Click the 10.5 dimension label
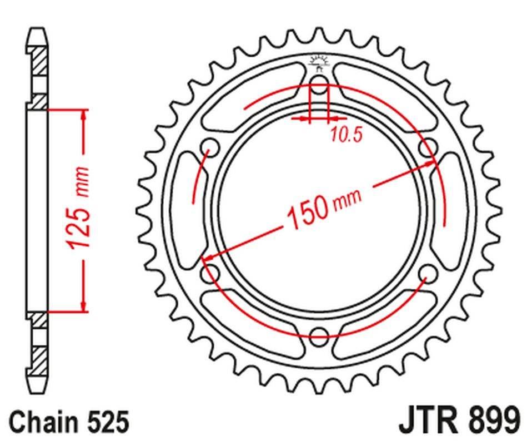[x=347, y=135]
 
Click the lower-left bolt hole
[x=210, y=273]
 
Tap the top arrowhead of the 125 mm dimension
[x=84, y=114]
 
